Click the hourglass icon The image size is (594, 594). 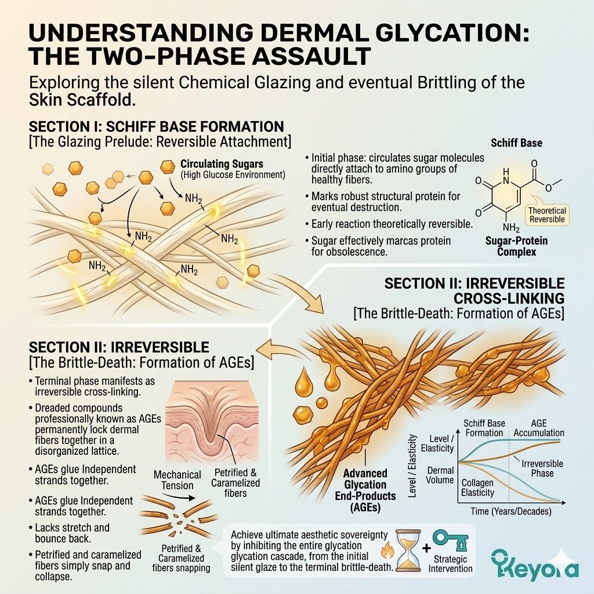(408, 553)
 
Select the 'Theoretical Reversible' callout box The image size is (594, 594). (547, 215)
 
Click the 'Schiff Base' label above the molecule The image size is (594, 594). (516, 143)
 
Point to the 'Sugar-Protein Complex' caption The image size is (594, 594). (516, 246)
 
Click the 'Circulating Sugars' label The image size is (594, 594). (222, 164)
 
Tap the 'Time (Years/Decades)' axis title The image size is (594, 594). (510, 511)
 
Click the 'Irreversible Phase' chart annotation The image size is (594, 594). (542, 468)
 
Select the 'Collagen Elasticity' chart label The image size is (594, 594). (478, 487)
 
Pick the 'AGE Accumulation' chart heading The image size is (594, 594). (539, 428)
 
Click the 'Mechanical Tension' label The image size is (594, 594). (178, 480)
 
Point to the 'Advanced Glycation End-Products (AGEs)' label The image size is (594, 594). (365, 490)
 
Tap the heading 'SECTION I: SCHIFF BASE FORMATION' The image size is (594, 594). (156, 126)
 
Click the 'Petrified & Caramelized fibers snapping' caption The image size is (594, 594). (181, 558)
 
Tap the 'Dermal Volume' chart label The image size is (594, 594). (440, 475)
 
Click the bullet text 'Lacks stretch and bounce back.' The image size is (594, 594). (72, 533)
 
